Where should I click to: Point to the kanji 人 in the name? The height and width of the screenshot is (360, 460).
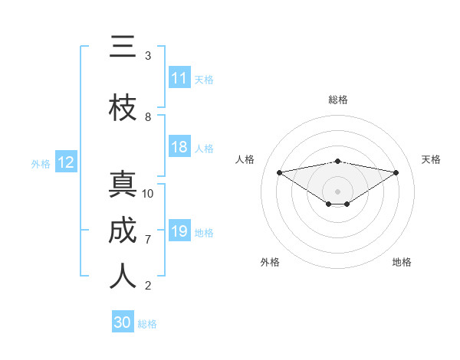[123, 277]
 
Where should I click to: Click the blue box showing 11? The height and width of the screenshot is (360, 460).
[179, 78]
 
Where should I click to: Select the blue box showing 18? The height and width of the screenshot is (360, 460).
[179, 148]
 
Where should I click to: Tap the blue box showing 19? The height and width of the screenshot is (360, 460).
[179, 231]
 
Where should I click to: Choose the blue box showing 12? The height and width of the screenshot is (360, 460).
[66, 162]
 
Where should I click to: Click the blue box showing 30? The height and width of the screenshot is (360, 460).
[123, 322]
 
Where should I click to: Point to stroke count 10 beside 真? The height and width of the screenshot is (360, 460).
[148, 193]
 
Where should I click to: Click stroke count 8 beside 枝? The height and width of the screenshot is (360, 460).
[148, 117]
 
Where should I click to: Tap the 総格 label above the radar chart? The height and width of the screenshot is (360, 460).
[338, 100]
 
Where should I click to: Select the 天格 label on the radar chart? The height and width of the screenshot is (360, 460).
[432, 159]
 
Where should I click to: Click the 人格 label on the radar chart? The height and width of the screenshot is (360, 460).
[245, 159]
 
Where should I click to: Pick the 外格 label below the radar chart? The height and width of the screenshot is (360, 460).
[269, 262]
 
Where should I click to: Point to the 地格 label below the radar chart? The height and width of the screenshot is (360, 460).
[402, 262]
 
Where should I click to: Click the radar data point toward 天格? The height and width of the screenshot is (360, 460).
[396, 172]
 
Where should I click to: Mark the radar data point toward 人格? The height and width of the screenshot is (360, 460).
[279, 172]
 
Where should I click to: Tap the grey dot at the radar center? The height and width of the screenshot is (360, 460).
[337, 191]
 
